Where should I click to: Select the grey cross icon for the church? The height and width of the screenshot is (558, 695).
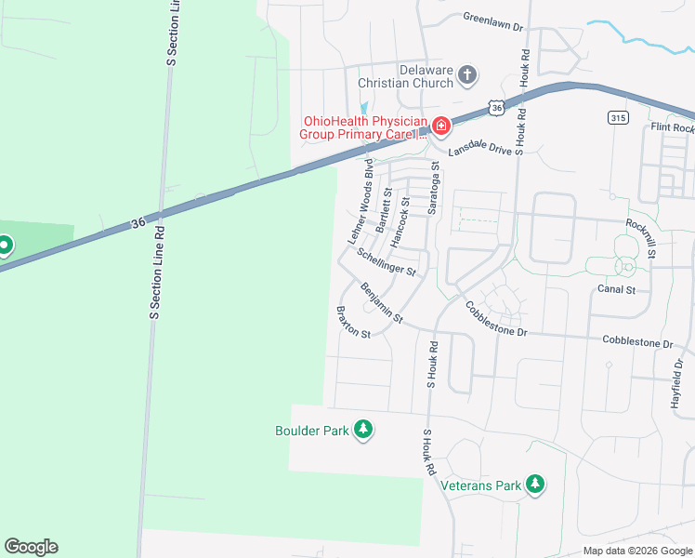tap(467, 75)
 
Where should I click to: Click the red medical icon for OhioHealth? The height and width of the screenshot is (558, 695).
tap(439, 126)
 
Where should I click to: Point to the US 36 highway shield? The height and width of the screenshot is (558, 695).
tap(498, 108)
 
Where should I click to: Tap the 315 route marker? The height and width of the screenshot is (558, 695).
tap(618, 117)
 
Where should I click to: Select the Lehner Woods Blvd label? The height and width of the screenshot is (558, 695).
tap(361, 204)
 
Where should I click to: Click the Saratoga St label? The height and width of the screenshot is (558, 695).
tap(433, 189)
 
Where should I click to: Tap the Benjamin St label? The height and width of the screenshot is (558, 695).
tap(382, 303)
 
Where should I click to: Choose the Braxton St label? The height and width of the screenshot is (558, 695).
tap(353, 322)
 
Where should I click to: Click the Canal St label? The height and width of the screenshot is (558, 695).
tap(616, 290)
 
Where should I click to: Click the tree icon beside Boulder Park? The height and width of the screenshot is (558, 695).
tap(363, 430)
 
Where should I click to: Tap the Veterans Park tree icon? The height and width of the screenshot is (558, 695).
tap(534, 484)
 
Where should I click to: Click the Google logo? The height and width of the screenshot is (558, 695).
tap(31, 547)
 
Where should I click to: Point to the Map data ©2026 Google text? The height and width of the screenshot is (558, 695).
tap(637, 551)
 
